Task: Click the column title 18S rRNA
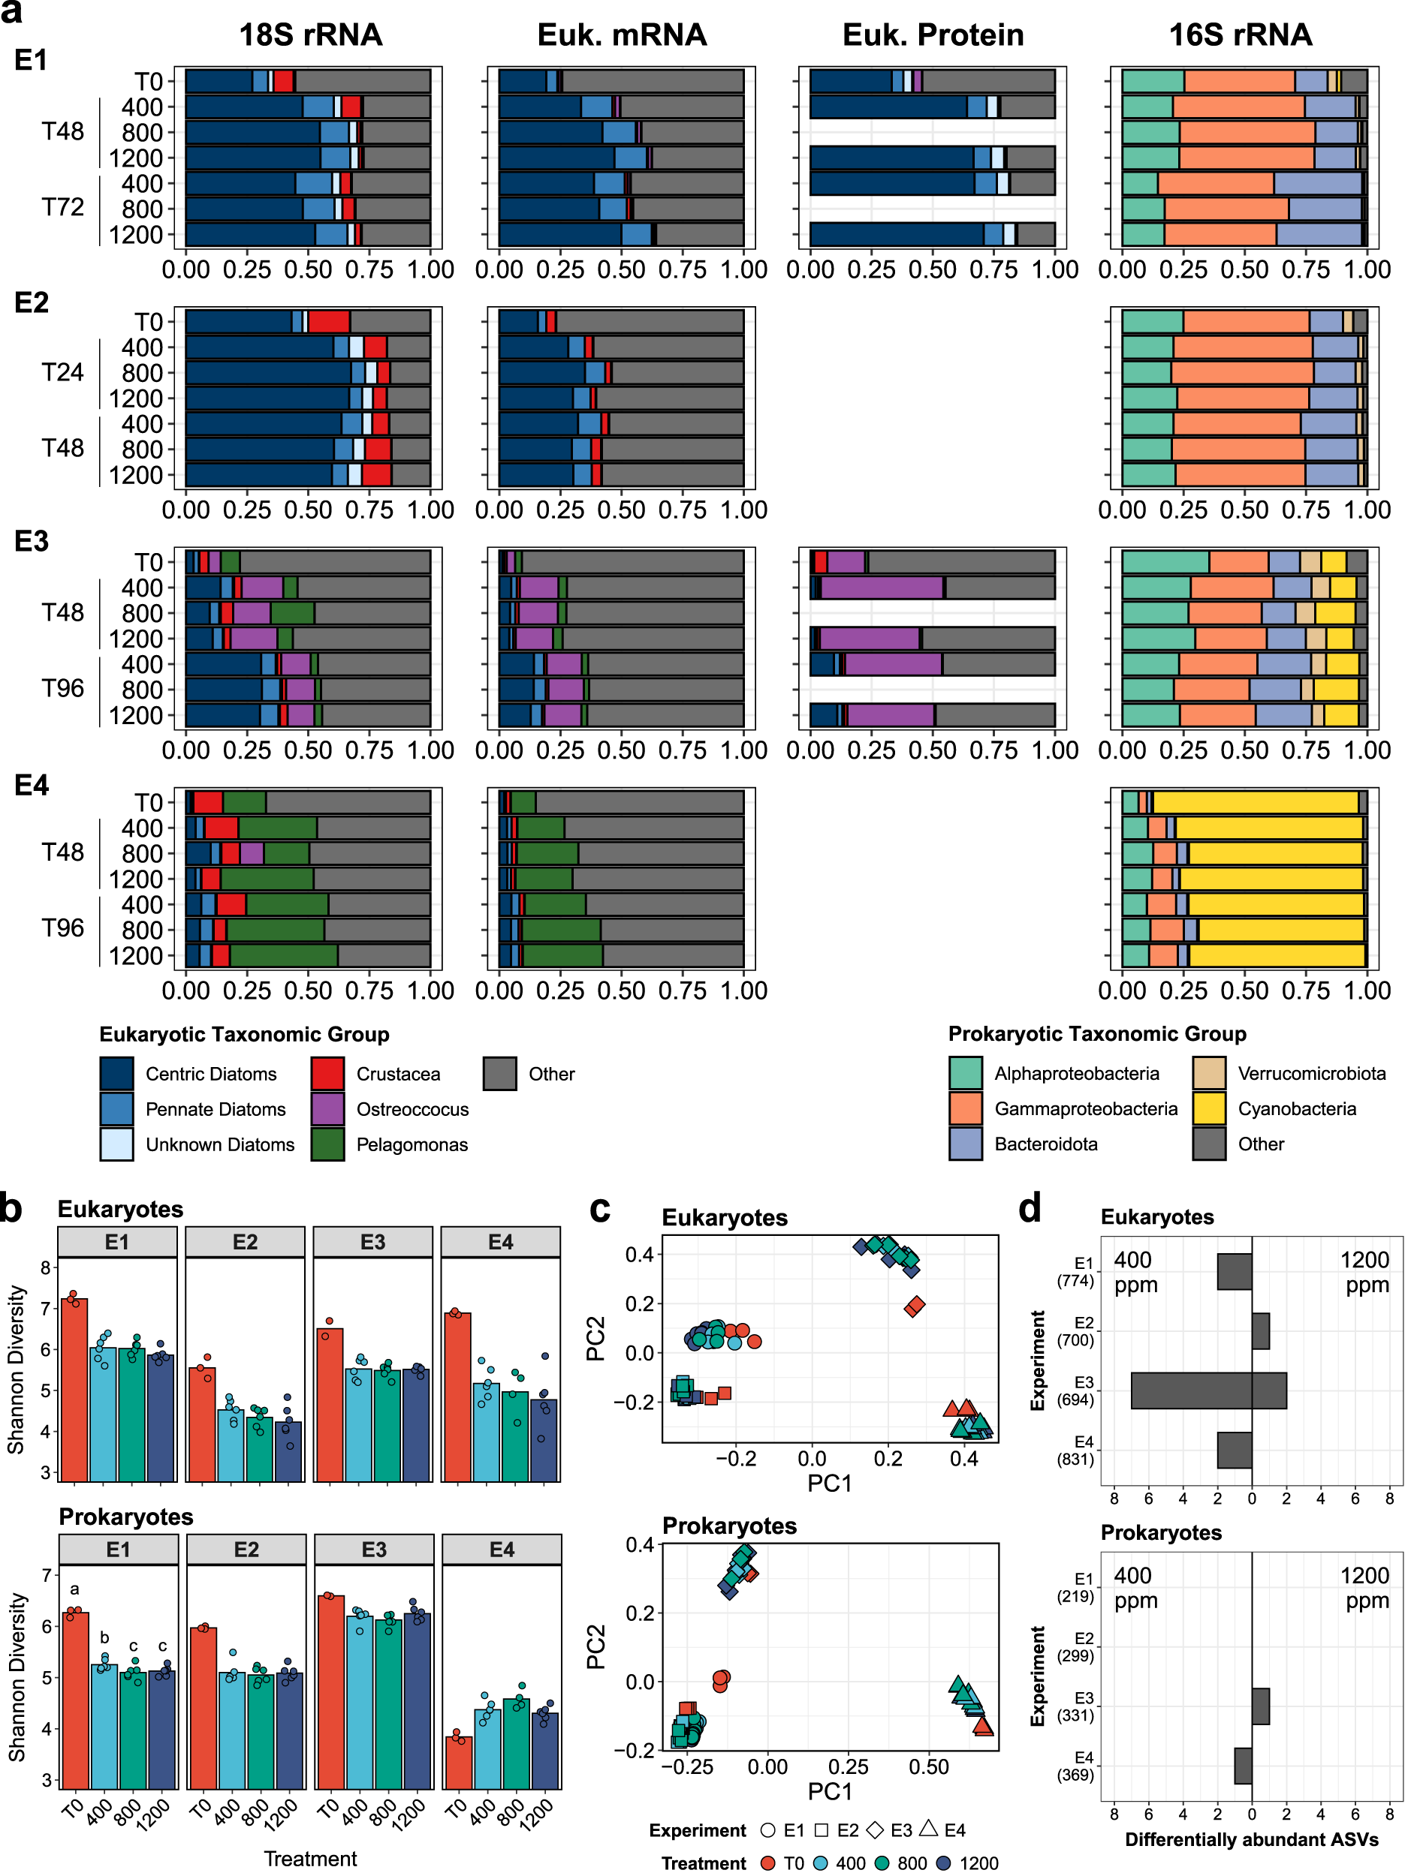[311, 35]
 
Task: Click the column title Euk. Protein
[933, 35]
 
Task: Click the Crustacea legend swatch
[327, 1074]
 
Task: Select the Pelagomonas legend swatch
[327, 1144]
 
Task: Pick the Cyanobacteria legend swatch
[1208, 1108]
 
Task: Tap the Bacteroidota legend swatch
[966, 1144]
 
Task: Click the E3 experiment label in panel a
[32, 541]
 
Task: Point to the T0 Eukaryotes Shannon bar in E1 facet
[74, 1391]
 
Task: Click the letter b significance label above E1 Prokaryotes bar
[104, 1637]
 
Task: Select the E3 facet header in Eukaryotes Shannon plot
[372, 1242]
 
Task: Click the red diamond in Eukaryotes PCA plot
[914, 1306]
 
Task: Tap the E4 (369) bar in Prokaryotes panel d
[1243, 1766]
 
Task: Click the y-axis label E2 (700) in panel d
[1076, 1331]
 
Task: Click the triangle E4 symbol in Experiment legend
[929, 1829]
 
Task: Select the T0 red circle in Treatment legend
[769, 1862]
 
